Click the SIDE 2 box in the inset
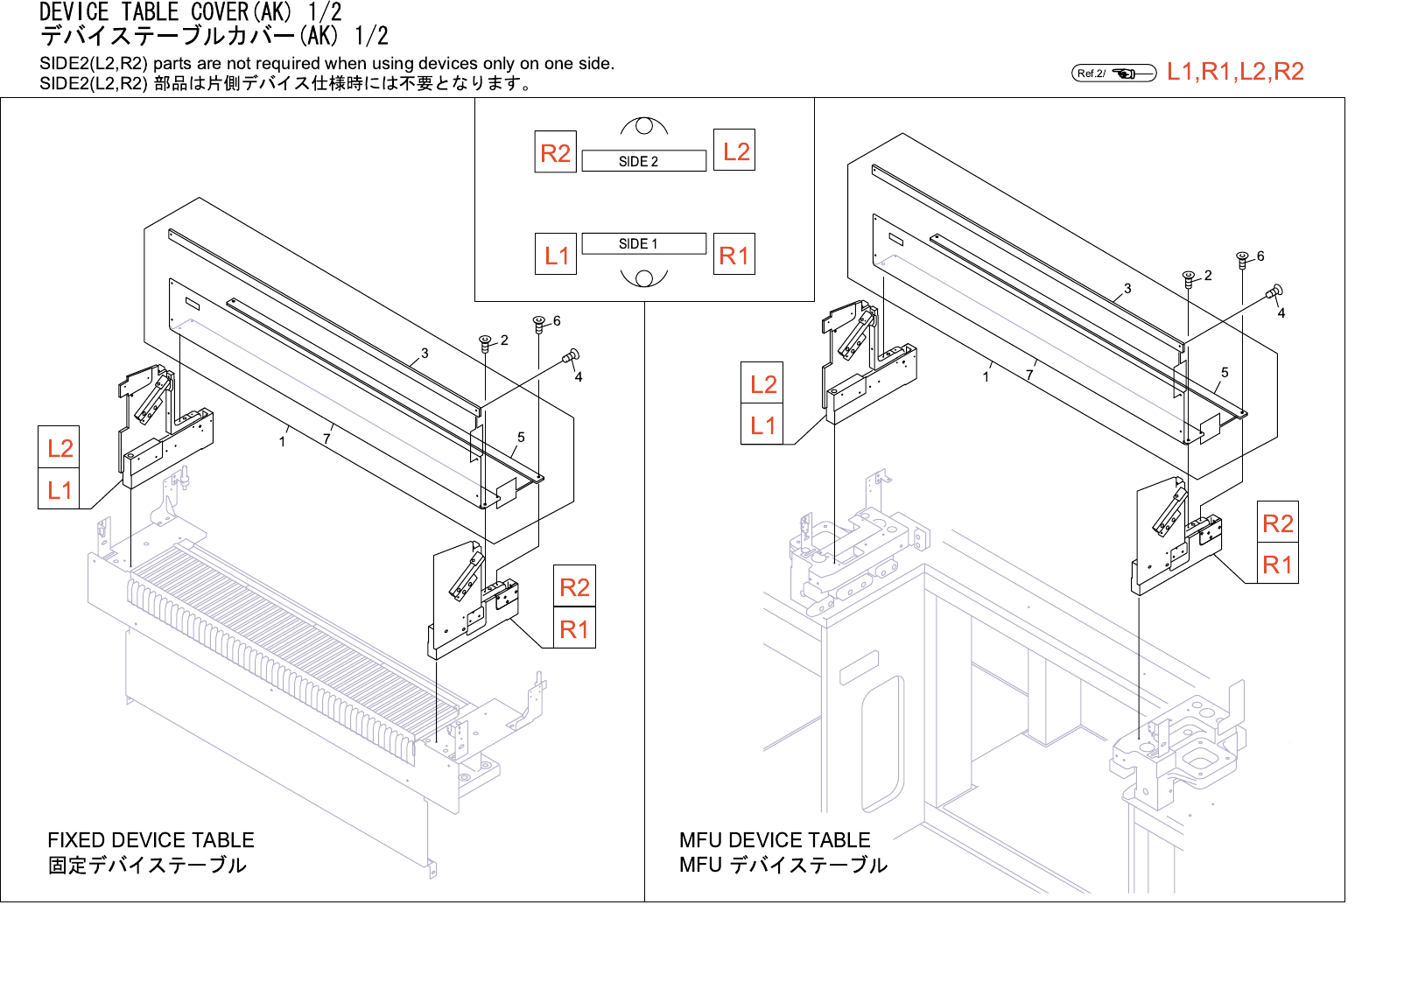click(x=643, y=161)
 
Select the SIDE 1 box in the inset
click(x=643, y=243)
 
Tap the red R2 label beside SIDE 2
click(x=555, y=152)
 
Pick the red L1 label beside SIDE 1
click(x=556, y=256)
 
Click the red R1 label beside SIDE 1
click(x=734, y=256)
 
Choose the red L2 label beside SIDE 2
click(x=735, y=151)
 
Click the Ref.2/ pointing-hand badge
click(x=1113, y=73)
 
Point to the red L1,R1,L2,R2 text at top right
click(x=1235, y=72)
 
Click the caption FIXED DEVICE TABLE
click(x=151, y=840)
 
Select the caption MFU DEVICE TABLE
click(x=775, y=840)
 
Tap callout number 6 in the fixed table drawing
click(x=557, y=321)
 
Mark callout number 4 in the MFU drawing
click(x=1281, y=313)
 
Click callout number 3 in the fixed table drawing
click(x=425, y=354)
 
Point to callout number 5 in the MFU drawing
click(x=1225, y=373)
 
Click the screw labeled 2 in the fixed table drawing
click(x=485, y=342)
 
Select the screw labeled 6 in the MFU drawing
click(x=1242, y=260)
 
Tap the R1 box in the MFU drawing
click(x=1277, y=565)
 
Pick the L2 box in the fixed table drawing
click(x=60, y=448)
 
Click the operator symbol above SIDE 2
click(x=644, y=127)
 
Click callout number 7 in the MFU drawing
click(x=1029, y=375)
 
